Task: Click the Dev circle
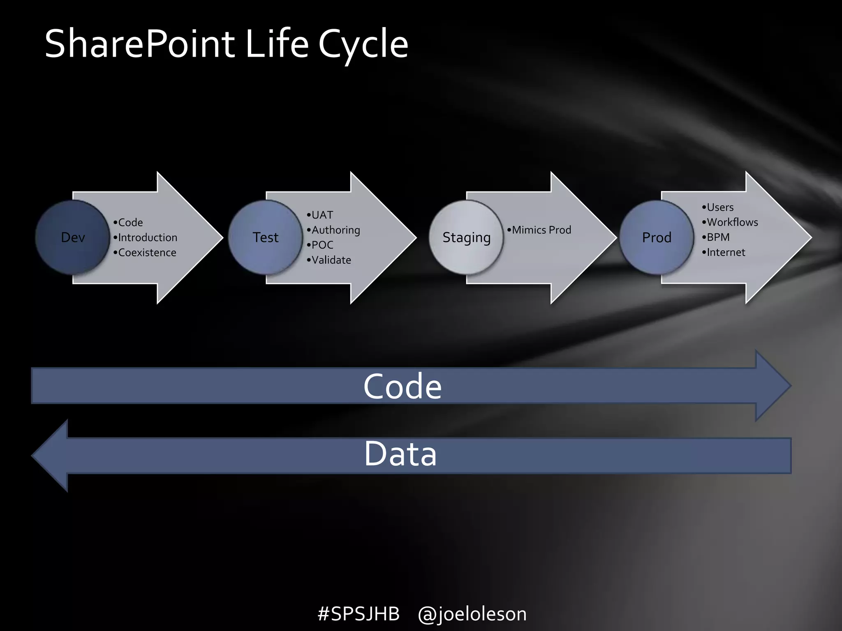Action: [73, 237]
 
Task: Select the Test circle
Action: [265, 237]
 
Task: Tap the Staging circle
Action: [466, 237]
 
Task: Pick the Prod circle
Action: [657, 237]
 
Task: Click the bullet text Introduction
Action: [147, 237]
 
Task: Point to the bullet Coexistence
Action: [147, 253]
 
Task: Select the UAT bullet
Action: [322, 215]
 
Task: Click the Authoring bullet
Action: [335, 230]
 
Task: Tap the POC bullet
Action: [322, 245]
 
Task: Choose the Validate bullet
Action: [331, 260]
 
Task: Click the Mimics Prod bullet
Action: [541, 230]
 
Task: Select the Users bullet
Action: [720, 207]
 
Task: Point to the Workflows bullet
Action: [732, 222]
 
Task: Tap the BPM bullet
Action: [718, 237]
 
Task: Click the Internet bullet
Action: [726, 252]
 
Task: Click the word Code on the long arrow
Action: [402, 387]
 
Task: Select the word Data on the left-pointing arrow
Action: [400, 454]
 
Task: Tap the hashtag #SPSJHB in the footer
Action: [359, 614]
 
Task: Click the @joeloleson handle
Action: [472, 614]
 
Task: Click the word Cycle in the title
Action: [363, 44]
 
